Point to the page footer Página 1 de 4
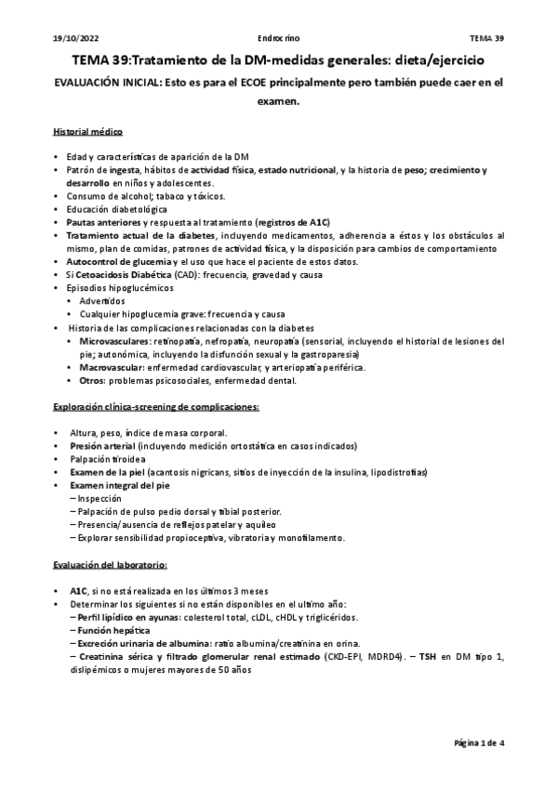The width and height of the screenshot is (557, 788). pos(479,743)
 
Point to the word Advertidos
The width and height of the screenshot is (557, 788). pos(102,302)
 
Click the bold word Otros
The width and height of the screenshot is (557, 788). pos(92,381)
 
